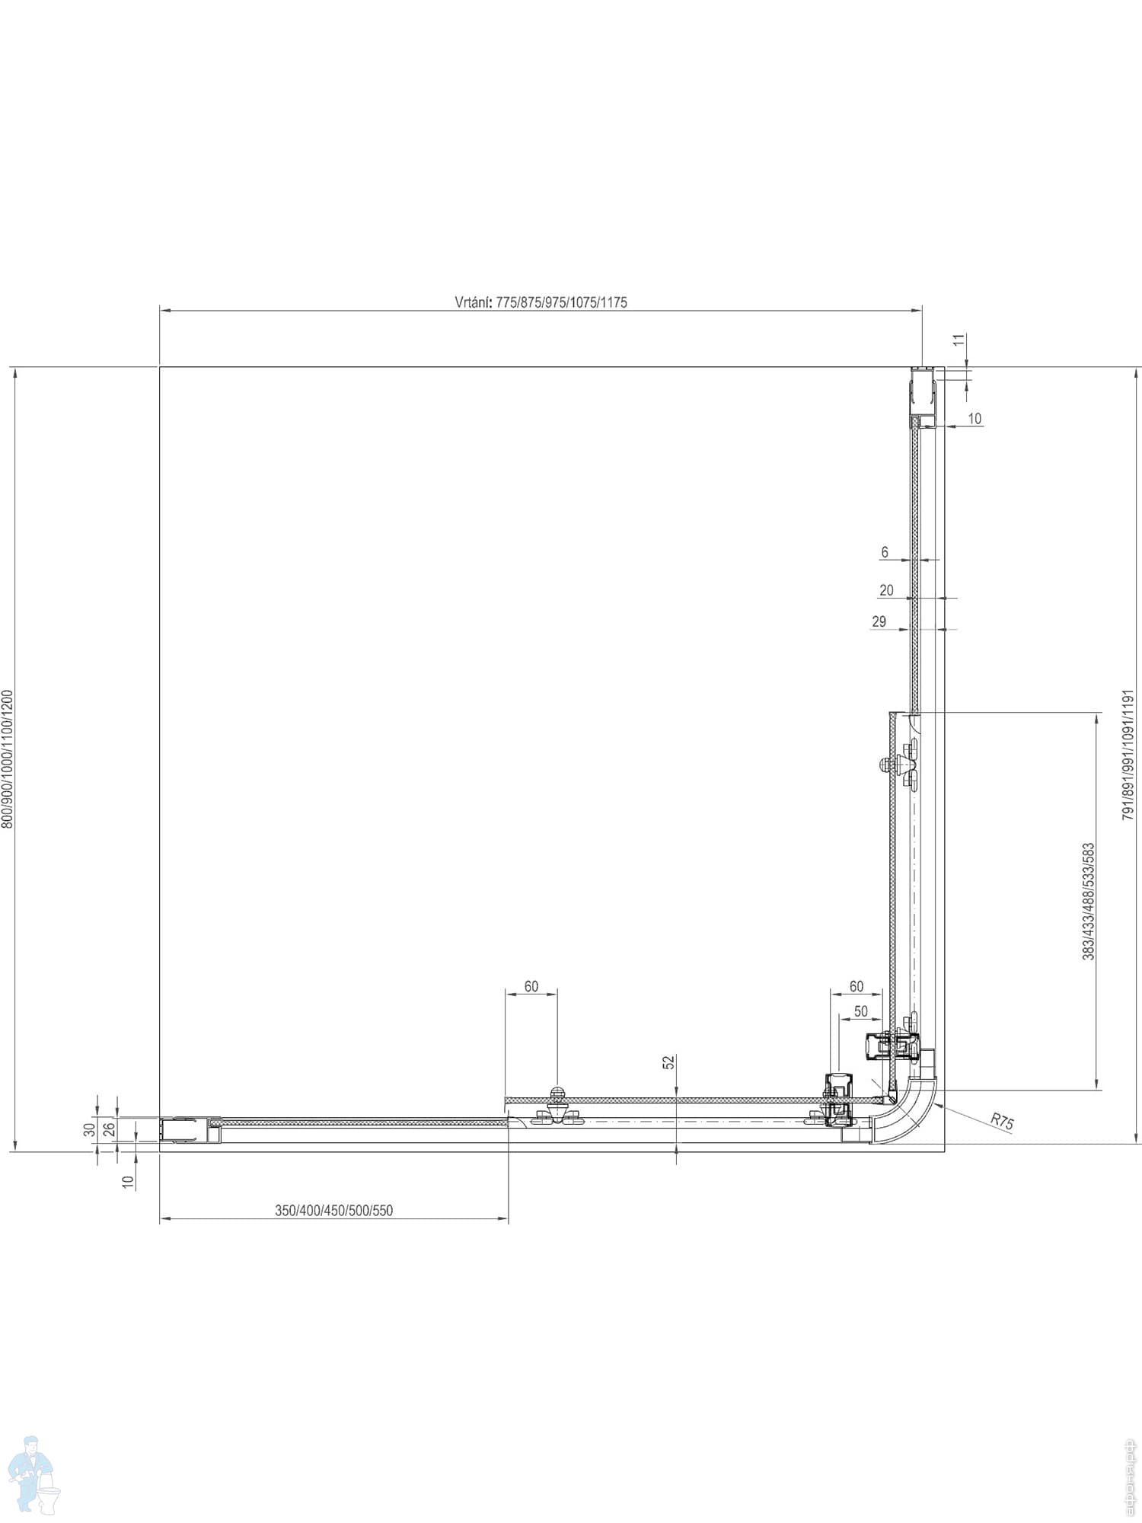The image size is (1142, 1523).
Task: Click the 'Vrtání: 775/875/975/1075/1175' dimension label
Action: point(541,302)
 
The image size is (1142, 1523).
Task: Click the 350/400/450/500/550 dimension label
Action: point(333,1210)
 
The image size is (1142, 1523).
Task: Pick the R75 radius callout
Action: point(1002,1120)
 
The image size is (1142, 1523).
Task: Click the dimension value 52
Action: point(668,1062)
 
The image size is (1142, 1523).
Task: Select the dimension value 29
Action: point(879,621)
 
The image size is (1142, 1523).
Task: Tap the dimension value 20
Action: point(886,590)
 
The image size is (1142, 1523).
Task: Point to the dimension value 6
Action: point(885,553)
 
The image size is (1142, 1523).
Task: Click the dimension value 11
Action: point(959,340)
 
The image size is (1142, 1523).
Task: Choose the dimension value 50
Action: point(860,1011)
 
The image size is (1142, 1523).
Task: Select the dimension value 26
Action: point(109,1128)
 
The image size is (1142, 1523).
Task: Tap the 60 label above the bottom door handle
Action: point(531,986)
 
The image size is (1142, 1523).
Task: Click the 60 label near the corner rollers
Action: point(856,986)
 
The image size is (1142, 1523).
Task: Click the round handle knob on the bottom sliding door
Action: point(558,1093)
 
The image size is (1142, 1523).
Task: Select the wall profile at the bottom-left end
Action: point(185,1129)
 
